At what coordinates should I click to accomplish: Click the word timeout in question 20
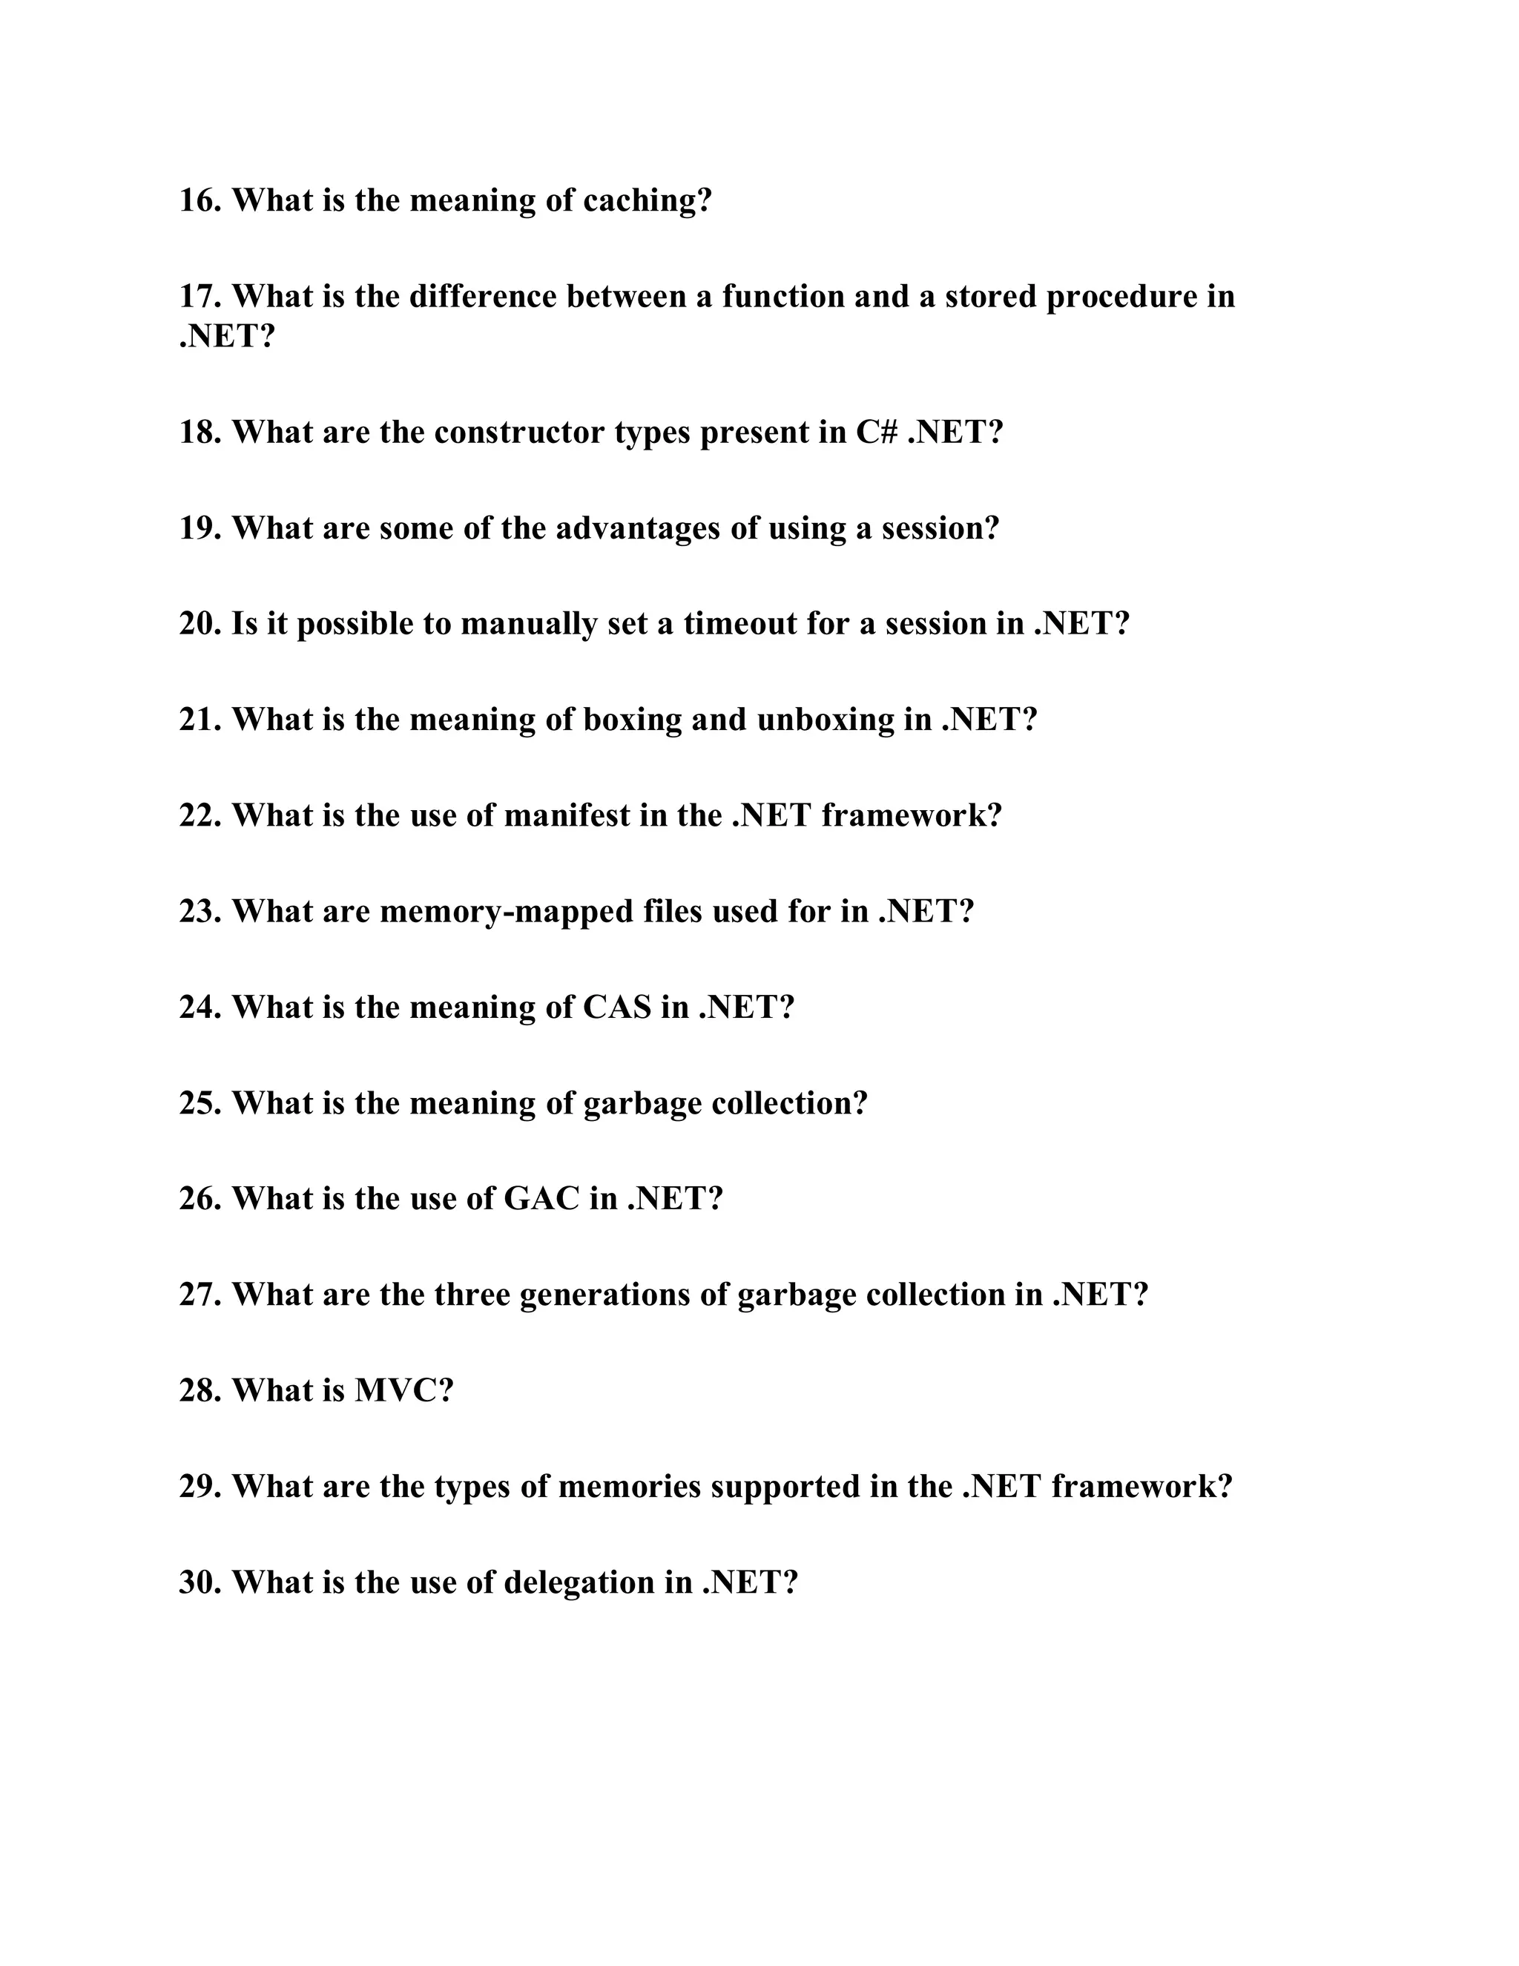coord(739,623)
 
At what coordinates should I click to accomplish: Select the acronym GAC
coord(541,1198)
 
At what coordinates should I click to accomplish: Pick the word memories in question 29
coord(629,1486)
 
